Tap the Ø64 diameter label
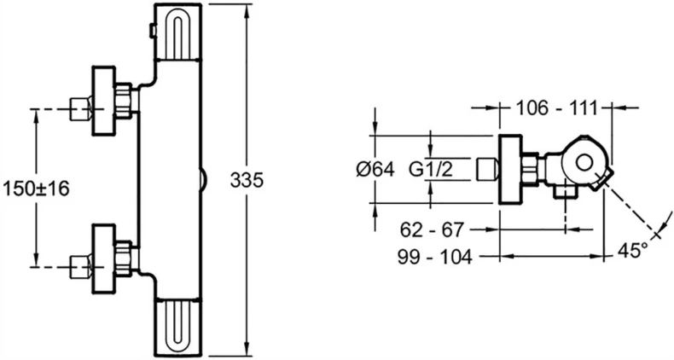[x=374, y=169]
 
